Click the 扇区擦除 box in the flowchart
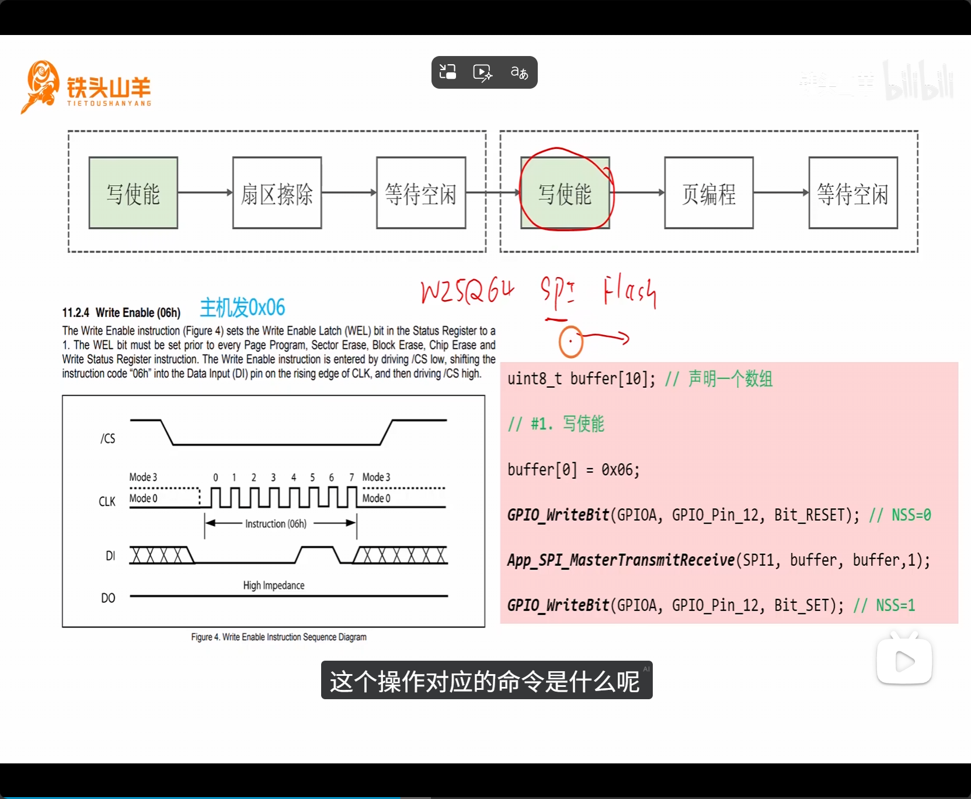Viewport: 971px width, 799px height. [x=277, y=193]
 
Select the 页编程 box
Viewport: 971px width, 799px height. [x=708, y=193]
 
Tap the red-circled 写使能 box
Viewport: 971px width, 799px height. [x=565, y=193]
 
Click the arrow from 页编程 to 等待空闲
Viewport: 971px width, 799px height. [x=781, y=193]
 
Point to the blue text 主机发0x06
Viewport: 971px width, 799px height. [x=242, y=307]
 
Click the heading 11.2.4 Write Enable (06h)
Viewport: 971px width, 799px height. [x=121, y=313]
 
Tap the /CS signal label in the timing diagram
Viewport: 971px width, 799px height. [x=108, y=438]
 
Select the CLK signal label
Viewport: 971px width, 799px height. [x=107, y=501]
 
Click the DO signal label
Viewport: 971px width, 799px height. [x=108, y=598]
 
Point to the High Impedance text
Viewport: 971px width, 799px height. [x=274, y=585]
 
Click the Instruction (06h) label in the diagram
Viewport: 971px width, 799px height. [x=276, y=524]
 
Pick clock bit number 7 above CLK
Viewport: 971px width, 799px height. [x=351, y=477]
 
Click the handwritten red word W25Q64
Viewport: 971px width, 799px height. [x=467, y=291]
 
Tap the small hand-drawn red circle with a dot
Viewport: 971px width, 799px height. [x=570, y=341]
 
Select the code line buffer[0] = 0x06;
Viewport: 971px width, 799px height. [x=573, y=470]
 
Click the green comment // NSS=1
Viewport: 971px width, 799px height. [x=884, y=606]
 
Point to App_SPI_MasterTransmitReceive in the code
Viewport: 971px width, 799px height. [x=621, y=560]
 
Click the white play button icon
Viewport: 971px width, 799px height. [x=904, y=661]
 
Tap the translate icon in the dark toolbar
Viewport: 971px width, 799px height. [x=519, y=72]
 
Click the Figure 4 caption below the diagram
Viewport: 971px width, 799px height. [x=279, y=637]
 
